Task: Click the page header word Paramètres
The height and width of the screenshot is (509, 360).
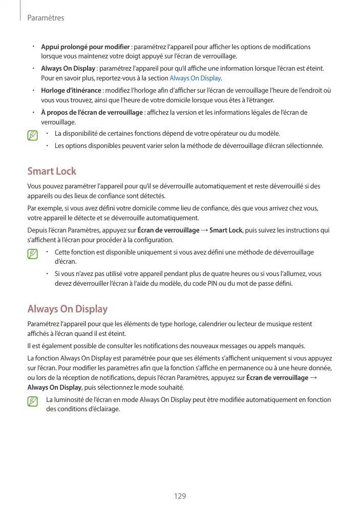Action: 46,18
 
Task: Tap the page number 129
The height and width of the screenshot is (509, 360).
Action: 180,496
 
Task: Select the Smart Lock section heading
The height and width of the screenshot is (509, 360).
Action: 52,171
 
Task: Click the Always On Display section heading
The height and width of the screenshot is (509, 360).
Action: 67,309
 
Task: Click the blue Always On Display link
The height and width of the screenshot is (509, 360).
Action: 195,78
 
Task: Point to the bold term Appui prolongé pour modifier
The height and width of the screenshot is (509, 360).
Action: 85,47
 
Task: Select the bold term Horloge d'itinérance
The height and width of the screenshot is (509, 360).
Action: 71,91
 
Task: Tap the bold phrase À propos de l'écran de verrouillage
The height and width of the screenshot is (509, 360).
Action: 92,113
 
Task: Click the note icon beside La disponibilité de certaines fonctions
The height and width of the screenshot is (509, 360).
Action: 33,136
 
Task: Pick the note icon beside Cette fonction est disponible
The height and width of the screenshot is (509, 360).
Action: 33,253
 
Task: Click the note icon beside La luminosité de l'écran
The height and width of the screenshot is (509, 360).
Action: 33,401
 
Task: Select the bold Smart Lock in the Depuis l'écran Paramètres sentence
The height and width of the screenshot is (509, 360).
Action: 226,230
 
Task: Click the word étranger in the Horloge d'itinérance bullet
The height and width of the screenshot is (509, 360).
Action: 260,100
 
